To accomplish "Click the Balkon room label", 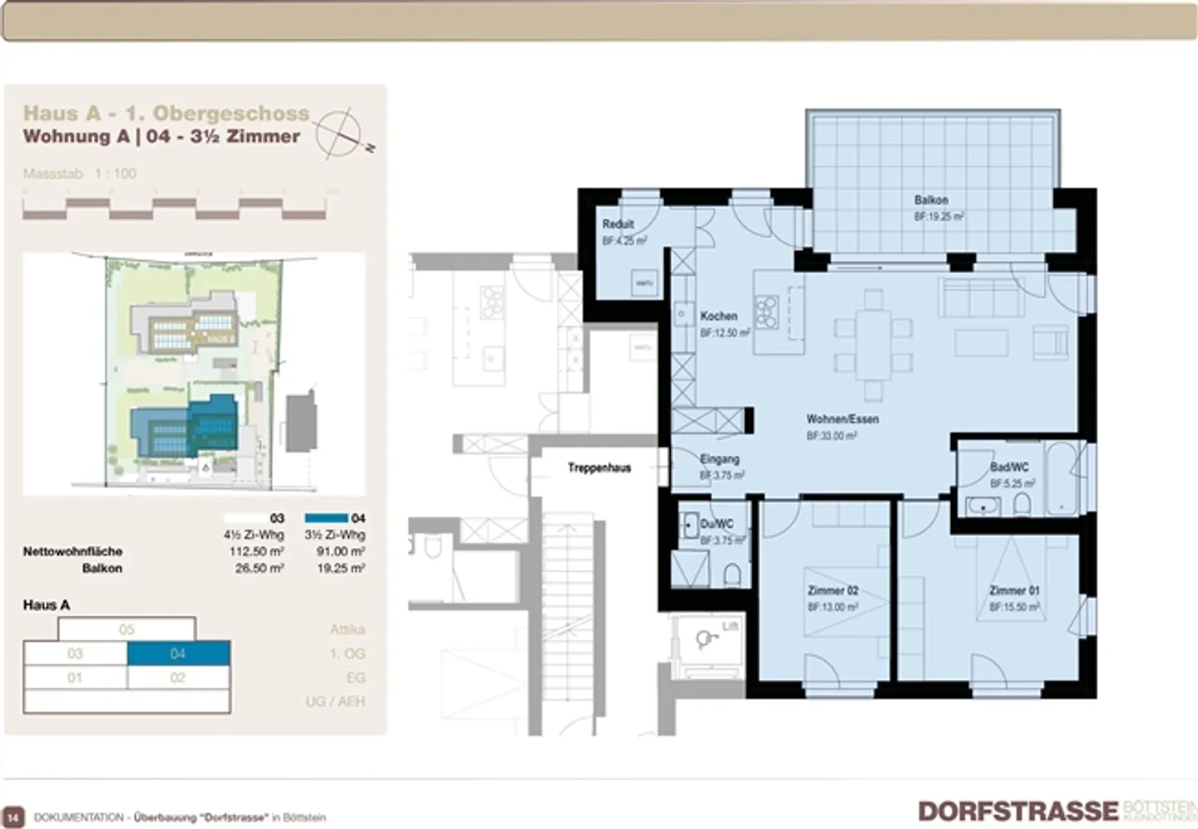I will click(931, 200).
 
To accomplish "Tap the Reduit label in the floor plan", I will click(618, 224).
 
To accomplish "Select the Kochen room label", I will click(719, 316).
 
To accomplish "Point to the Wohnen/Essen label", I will click(842, 419).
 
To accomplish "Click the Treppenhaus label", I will click(599, 468).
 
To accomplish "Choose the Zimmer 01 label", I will click(1014, 590).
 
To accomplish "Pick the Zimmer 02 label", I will click(833, 590).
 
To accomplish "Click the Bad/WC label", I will click(1009, 467).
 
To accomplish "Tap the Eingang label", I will click(720, 459).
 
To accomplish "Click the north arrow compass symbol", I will click(341, 133).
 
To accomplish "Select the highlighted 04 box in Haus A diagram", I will click(178, 653).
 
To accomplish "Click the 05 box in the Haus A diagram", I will click(126, 629).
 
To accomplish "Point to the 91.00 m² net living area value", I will click(340, 551).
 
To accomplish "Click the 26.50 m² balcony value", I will click(259, 568).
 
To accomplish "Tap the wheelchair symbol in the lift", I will click(706, 639).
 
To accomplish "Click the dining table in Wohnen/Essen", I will click(874, 341).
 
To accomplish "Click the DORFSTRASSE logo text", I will click(1018, 811).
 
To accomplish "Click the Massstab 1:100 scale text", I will click(80, 173).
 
